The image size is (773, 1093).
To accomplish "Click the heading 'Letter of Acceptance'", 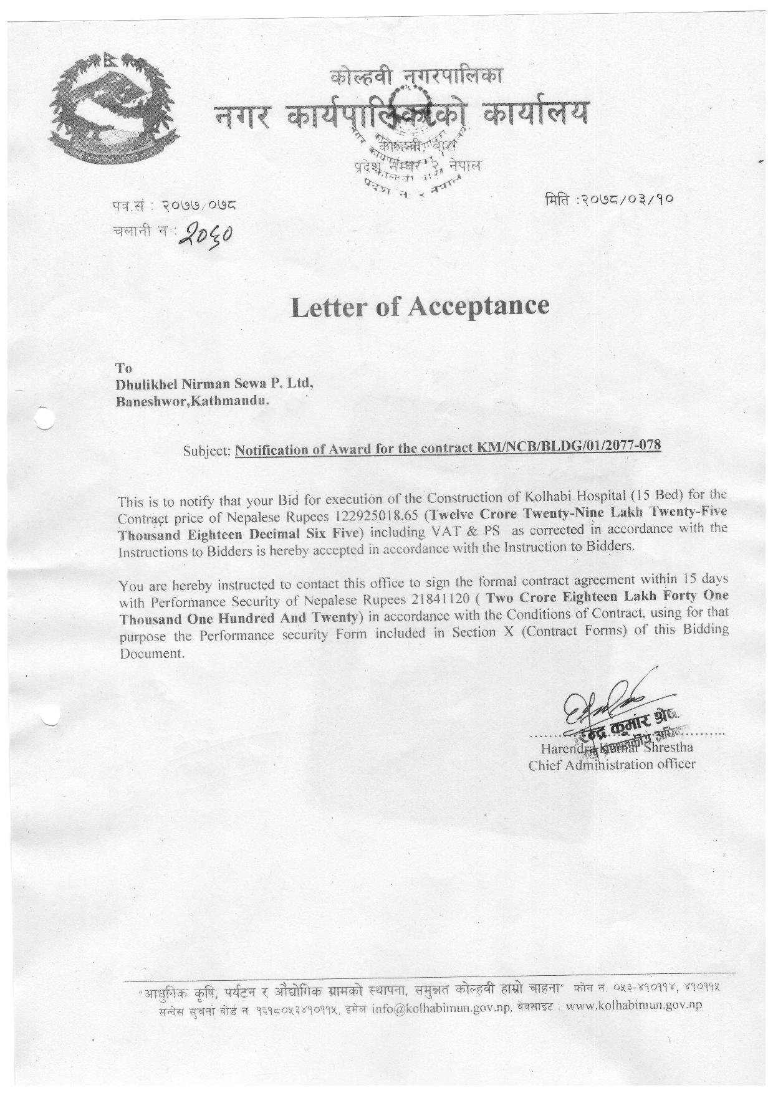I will pos(420,306).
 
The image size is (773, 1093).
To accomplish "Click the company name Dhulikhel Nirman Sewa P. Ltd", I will pos(214,384).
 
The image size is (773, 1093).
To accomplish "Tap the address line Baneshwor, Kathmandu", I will pos(193,402).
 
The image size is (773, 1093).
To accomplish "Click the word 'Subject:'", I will pos(208,451).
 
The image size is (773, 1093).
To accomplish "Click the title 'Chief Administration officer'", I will pos(612,765).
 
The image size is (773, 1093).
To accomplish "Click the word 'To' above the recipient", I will pos(124,368).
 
